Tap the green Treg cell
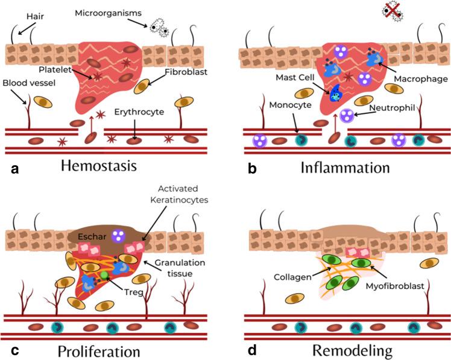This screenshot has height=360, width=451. pos(104,275)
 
